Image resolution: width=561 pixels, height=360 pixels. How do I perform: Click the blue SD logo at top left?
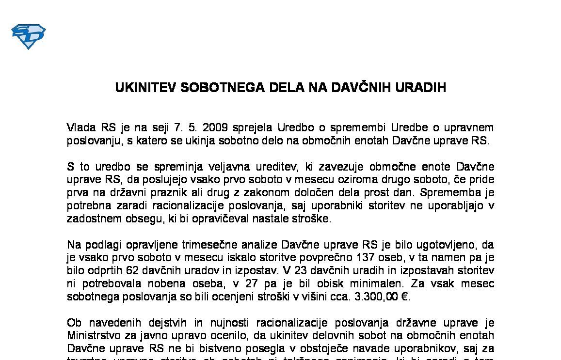click(x=28, y=37)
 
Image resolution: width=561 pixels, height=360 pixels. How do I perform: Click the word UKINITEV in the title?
click(x=145, y=88)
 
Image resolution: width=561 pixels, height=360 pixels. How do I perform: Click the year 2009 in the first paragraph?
click(x=215, y=128)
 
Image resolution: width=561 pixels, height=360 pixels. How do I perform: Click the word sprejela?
click(x=253, y=128)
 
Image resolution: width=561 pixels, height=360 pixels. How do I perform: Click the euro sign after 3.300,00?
click(x=405, y=297)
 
